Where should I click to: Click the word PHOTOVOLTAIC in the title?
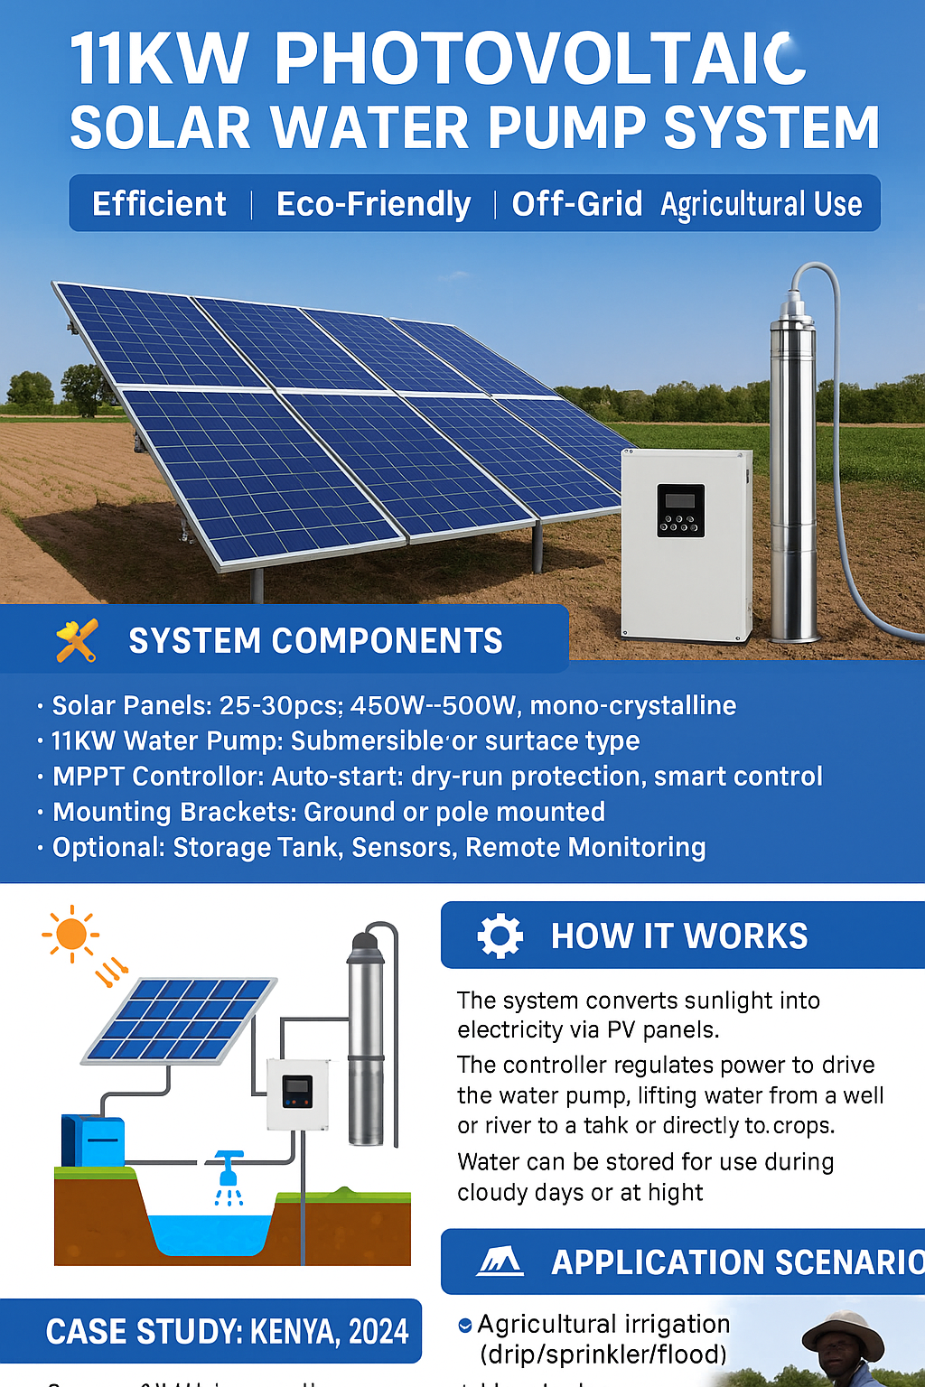tap(539, 60)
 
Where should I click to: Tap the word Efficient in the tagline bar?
tap(159, 204)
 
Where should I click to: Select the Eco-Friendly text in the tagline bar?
tap(373, 204)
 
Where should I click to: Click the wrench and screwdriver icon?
tap(77, 641)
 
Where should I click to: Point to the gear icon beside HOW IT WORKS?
tap(500, 936)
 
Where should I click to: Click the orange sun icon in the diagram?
tap(70, 934)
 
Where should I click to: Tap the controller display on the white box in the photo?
tap(680, 510)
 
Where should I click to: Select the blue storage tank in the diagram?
tap(93, 1140)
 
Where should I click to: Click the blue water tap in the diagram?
tap(229, 1167)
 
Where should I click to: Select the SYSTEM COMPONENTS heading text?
tap(315, 641)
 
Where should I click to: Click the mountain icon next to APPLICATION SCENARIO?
tap(500, 1261)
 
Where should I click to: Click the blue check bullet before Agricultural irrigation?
tap(465, 1325)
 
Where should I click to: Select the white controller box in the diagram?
tap(297, 1094)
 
